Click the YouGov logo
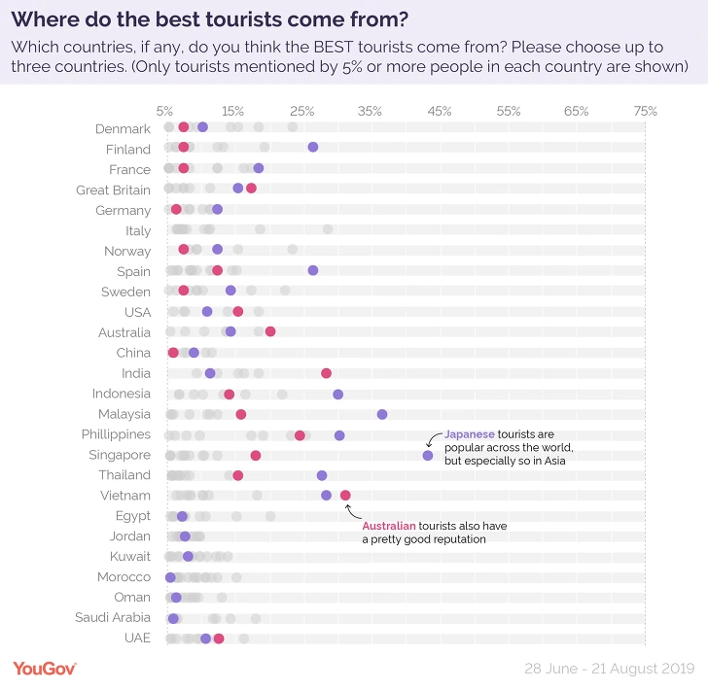coord(45,668)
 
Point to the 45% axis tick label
coord(439,111)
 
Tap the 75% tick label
coord(645,111)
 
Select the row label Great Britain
coord(113,190)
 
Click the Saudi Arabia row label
coord(113,617)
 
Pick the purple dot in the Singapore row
coord(428,455)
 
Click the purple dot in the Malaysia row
coord(382,414)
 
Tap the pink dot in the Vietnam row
coord(345,496)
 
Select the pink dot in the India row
coord(326,373)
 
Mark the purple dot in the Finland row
coord(313,147)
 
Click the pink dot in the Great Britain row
coord(251,189)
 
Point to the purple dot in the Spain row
coord(313,270)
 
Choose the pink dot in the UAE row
coord(219,638)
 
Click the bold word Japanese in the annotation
coord(470,434)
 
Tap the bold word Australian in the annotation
coord(393,526)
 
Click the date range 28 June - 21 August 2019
coord(609,669)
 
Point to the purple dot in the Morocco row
coord(170,577)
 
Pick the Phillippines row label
coord(113,434)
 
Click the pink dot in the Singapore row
coord(256,455)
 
